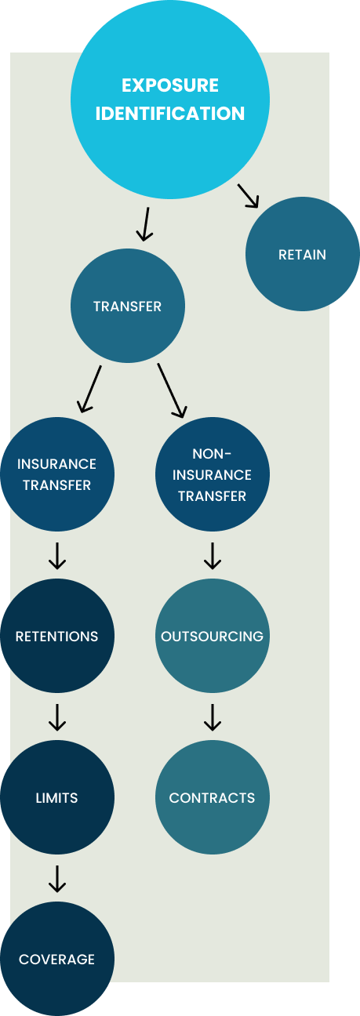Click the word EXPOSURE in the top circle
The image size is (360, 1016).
pyautogui.click(x=170, y=85)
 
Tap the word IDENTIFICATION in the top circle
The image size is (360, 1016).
pyautogui.click(x=170, y=114)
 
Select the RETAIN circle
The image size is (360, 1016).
pyautogui.click(x=302, y=254)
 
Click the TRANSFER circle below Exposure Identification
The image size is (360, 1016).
pyautogui.click(x=128, y=306)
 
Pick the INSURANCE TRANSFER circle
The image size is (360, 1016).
pyautogui.click(x=57, y=474)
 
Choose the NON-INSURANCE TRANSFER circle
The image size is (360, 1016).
pyautogui.click(x=213, y=474)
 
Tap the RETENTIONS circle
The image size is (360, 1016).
pyautogui.click(x=57, y=636)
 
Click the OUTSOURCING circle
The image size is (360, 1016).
pyautogui.click(x=213, y=636)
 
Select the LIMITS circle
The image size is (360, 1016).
pyautogui.click(x=57, y=797)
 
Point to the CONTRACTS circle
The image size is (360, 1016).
pyautogui.click(x=213, y=797)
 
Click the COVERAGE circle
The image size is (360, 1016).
pyautogui.click(x=57, y=959)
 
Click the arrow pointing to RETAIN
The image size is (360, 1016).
pyautogui.click(x=248, y=196)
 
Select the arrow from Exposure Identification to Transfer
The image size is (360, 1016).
pyautogui.click(x=145, y=224)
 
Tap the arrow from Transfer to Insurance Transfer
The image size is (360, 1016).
pyautogui.click(x=89, y=389)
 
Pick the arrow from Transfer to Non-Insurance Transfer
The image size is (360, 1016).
pyautogui.click(x=172, y=390)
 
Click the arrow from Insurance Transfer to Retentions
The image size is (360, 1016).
pyautogui.click(x=57, y=556)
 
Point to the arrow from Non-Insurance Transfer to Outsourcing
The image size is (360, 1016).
pyautogui.click(x=213, y=556)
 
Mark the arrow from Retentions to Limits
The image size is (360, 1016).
pyautogui.click(x=57, y=717)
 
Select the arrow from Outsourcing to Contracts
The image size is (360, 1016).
pyautogui.click(x=213, y=717)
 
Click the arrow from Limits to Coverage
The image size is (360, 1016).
pyautogui.click(x=57, y=879)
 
